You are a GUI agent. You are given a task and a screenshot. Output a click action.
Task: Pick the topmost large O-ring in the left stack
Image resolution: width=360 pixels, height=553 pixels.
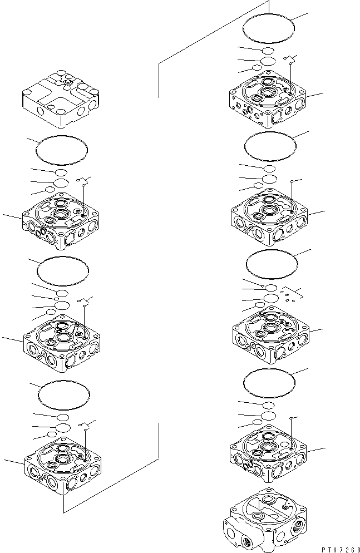click(x=61, y=150)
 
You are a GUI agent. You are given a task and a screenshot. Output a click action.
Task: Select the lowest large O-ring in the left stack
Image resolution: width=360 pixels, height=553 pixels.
click(x=62, y=394)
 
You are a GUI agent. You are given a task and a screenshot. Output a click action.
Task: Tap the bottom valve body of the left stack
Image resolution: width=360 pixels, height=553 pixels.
click(x=62, y=464)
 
